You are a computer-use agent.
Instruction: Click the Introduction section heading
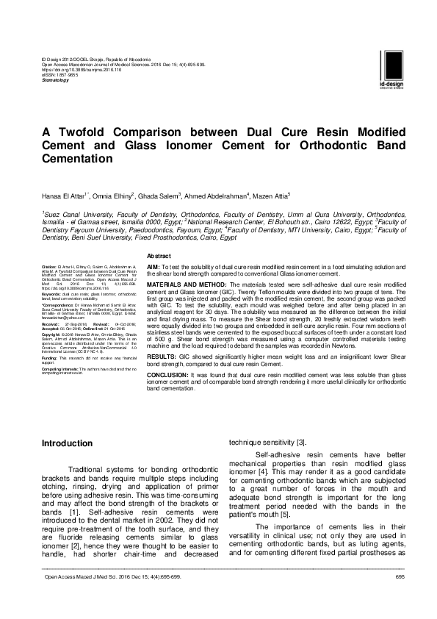67,443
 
